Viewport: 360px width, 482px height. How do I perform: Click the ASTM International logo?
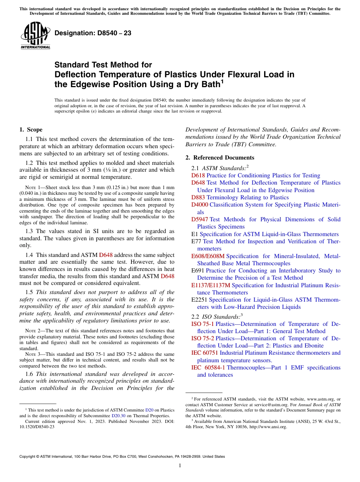pos(35,36)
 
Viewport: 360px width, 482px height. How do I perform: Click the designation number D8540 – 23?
pos(93,33)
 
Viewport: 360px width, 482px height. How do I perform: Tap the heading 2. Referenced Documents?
pos(220,158)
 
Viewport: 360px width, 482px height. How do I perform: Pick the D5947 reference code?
pos(200,219)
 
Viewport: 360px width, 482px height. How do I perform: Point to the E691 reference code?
pos(198,271)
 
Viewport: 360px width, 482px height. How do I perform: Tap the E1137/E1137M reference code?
pos(211,285)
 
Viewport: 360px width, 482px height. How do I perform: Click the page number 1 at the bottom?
pos(180,466)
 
